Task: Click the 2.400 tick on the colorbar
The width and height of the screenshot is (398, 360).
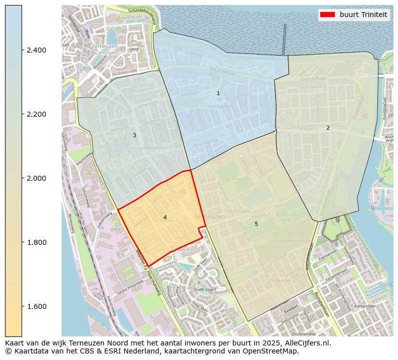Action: pos(36,50)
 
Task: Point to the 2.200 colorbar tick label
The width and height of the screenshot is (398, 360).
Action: pos(36,114)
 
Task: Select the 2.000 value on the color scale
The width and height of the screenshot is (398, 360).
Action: pos(36,178)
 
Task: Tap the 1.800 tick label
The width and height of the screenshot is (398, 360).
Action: pos(36,242)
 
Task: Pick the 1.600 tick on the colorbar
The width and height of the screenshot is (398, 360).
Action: pos(36,306)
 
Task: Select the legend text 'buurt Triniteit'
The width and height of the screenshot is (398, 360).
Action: pos(363,15)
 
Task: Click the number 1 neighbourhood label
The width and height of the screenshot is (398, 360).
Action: pos(218,94)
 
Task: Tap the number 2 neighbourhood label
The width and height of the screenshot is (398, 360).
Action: pos(328,128)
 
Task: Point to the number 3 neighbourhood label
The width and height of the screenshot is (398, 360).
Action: pos(134,136)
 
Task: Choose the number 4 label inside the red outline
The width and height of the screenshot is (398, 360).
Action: pos(165,217)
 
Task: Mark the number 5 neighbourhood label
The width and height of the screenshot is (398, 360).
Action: pos(256,224)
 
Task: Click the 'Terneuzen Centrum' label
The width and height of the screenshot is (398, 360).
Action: pos(105,49)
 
